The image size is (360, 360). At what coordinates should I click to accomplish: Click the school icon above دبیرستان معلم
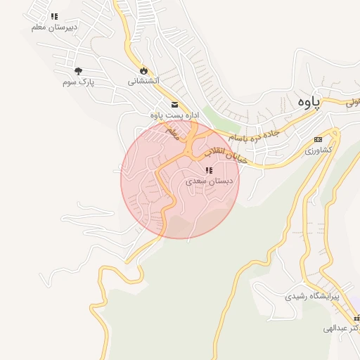[54, 15]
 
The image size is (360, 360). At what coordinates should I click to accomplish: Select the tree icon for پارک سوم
[78, 71]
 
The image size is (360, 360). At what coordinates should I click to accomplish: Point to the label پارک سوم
[77, 82]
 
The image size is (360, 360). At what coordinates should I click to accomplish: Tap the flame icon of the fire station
[144, 70]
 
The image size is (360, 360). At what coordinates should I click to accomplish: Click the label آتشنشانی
[143, 81]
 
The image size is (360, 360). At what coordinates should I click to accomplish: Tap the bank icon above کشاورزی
[318, 139]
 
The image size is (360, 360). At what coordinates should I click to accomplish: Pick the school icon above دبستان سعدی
[208, 170]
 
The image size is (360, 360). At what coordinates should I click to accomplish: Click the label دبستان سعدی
[210, 181]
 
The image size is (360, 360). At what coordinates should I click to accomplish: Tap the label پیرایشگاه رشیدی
[311, 296]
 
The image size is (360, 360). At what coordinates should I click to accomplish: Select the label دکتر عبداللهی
[342, 328]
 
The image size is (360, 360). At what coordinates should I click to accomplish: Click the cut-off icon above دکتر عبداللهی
[356, 318]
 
